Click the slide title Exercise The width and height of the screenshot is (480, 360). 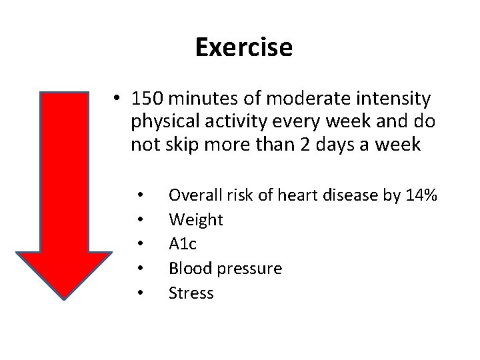pos(243,47)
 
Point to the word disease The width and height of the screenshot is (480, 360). pos(349,195)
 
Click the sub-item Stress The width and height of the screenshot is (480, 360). pos(191,292)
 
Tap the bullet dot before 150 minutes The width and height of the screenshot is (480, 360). pos(117,101)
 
